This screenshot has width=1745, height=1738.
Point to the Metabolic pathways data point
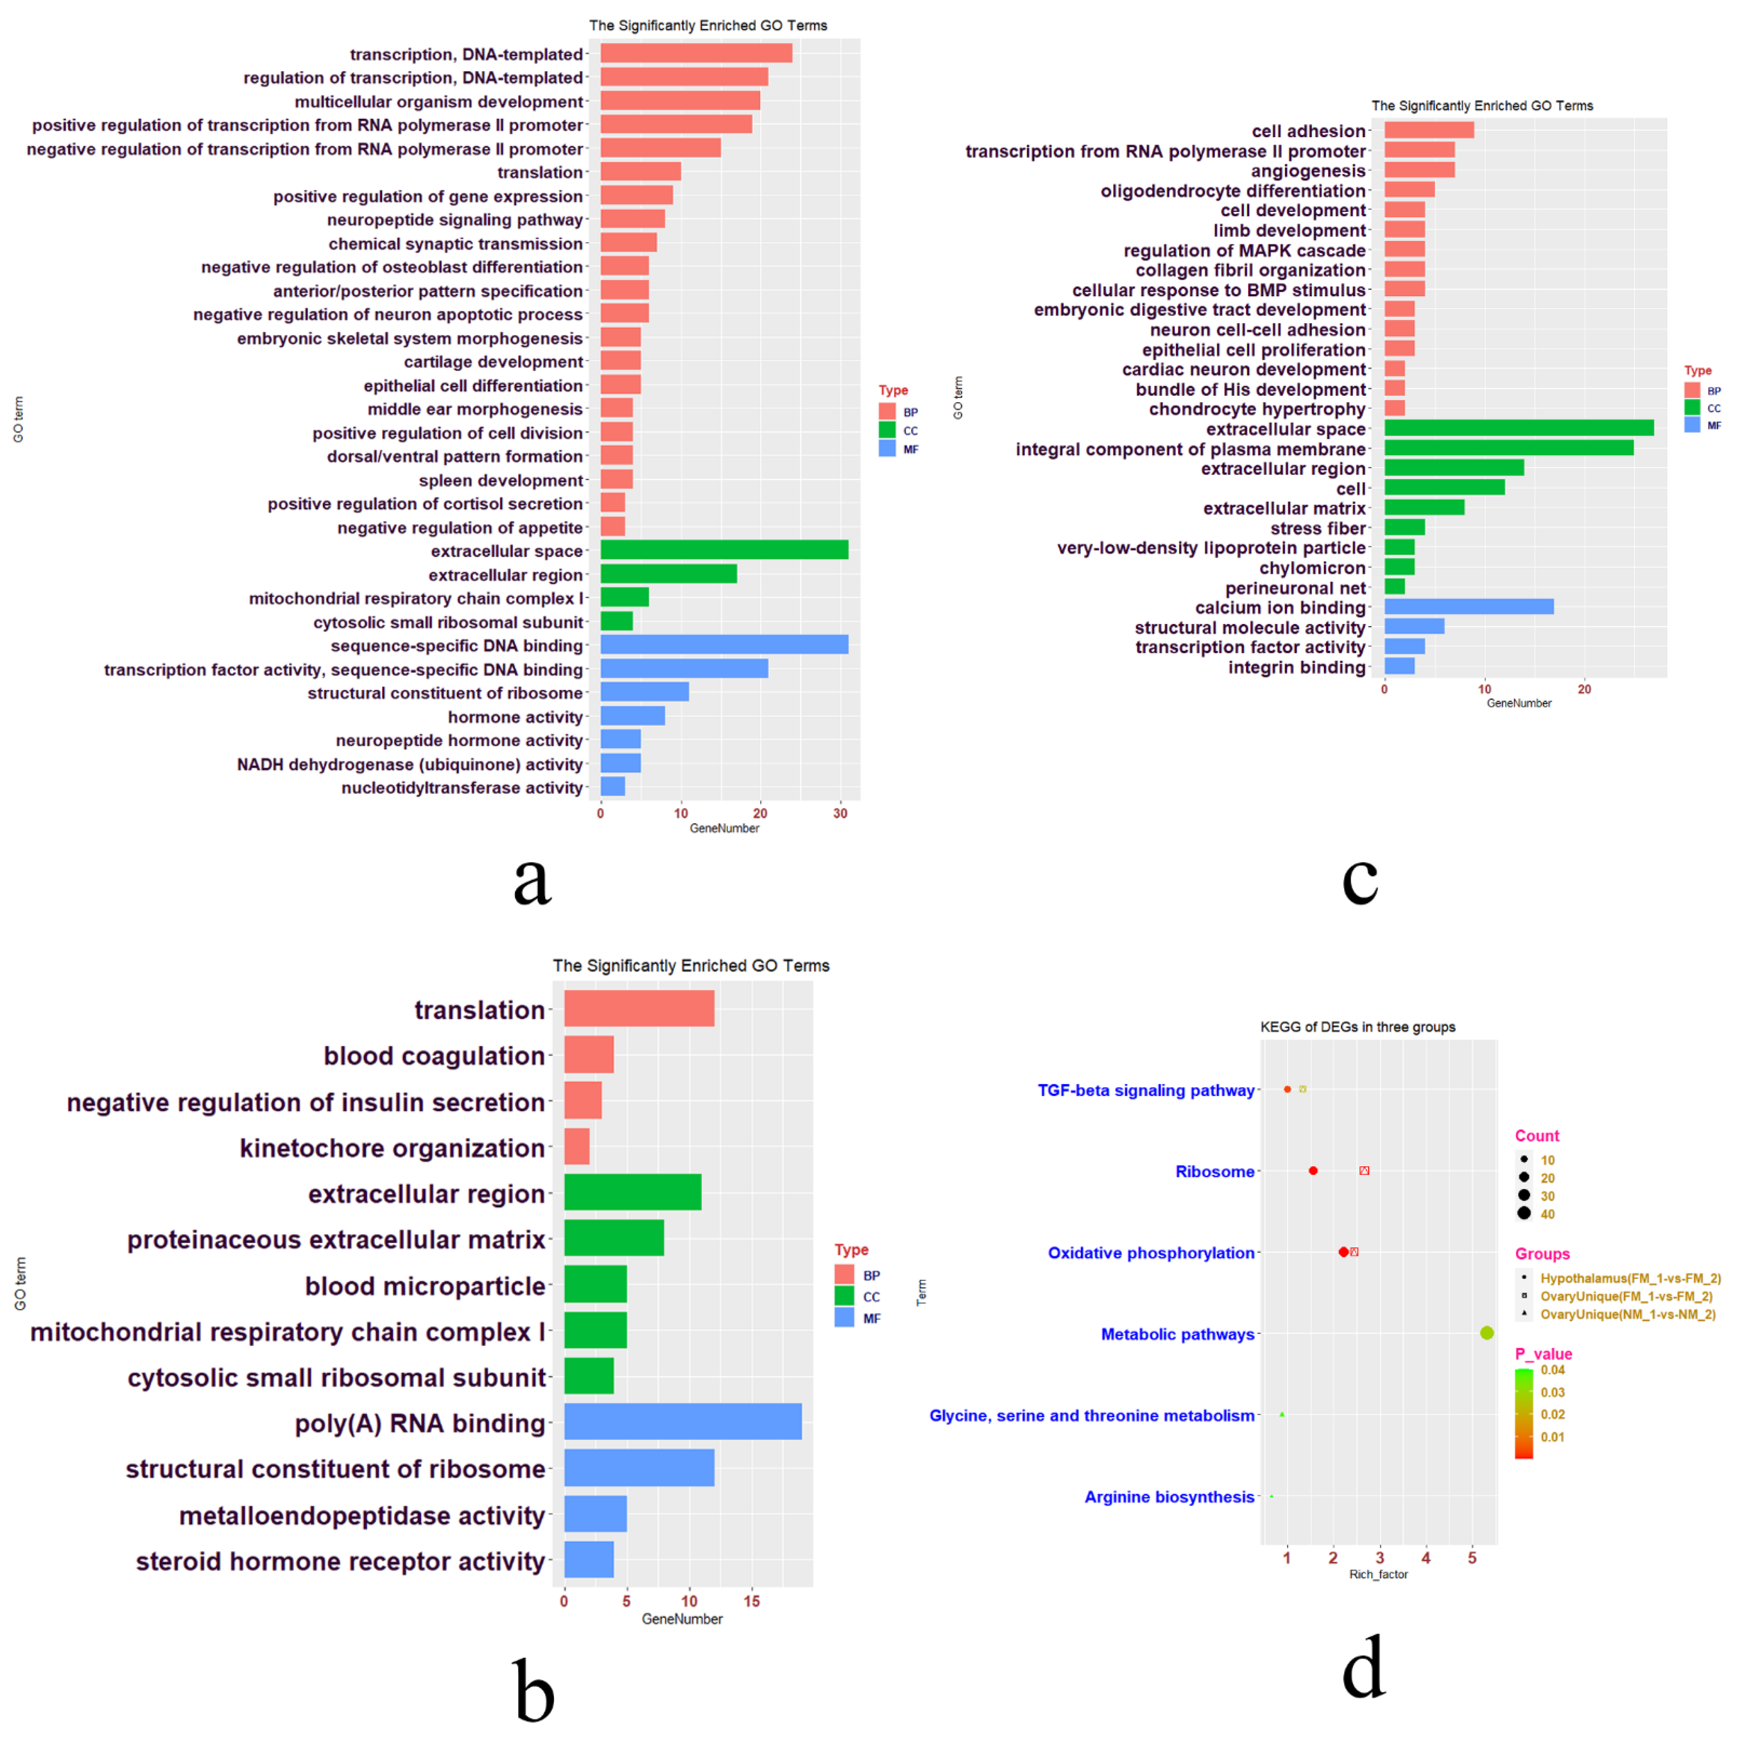(1487, 1333)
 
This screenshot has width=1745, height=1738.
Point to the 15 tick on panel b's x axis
(751, 1602)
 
